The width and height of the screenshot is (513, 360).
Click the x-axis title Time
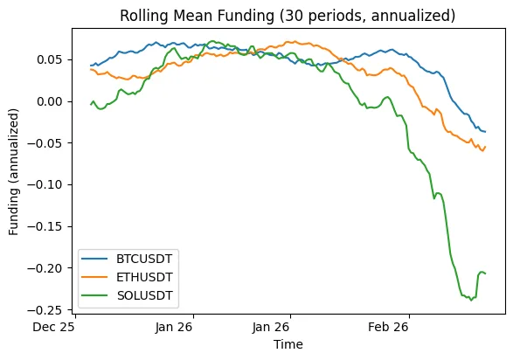[x=288, y=345]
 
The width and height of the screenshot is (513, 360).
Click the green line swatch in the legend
[x=97, y=295]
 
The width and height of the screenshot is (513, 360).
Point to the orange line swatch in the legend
[x=97, y=278]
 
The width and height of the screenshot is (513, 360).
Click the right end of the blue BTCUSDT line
[x=486, y=132]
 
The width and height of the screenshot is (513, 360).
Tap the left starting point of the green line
[x=90, y=105]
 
